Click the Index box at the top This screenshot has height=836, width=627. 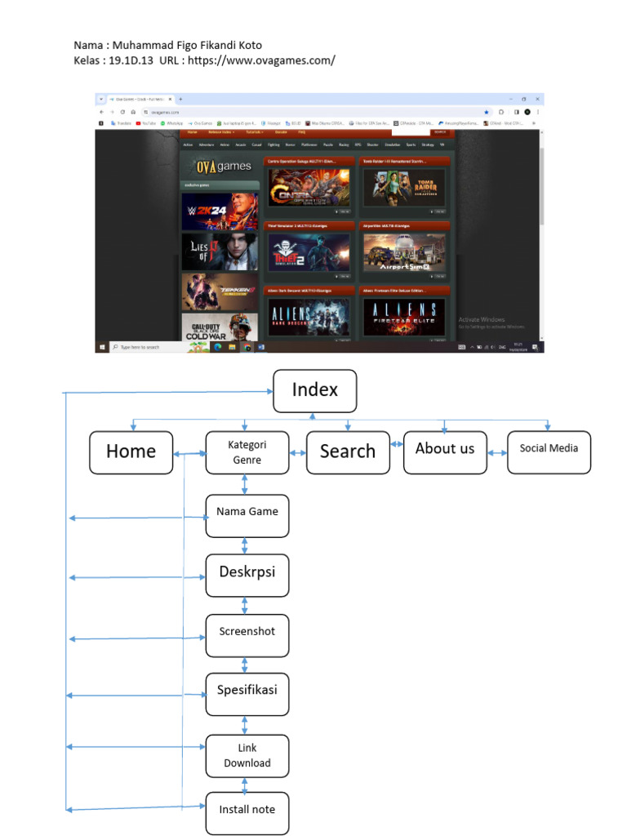315,390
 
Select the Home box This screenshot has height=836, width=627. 131,452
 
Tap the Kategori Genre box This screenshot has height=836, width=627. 247,452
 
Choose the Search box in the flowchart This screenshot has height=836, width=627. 348,452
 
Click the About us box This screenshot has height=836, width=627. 444,452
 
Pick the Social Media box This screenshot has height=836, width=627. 549,452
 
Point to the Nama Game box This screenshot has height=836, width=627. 247,515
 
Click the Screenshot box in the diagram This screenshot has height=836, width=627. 247,635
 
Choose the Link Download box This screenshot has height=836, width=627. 247,755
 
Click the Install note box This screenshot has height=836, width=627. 247,813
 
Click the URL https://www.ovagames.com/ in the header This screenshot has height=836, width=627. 261,60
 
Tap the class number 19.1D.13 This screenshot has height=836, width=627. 131,60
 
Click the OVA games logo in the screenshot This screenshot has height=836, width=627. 220,167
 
